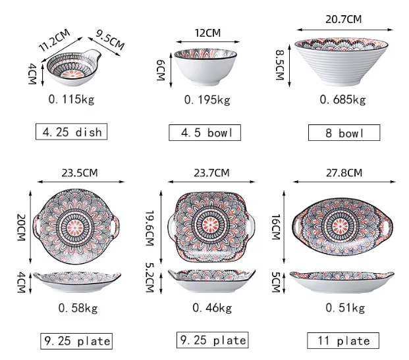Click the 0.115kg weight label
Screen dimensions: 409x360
(71, 99)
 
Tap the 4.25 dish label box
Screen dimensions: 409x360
(71, 132)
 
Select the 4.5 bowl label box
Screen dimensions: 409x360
(205, 133)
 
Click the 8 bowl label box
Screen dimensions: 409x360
(344, 133)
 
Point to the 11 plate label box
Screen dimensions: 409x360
(343, 340)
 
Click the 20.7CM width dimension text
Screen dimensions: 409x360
(344, 19)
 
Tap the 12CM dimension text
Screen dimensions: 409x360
(207, 33)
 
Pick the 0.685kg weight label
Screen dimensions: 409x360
(342, 99)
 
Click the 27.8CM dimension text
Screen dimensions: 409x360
(344, 173)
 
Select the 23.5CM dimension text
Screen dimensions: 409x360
(80, 173)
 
